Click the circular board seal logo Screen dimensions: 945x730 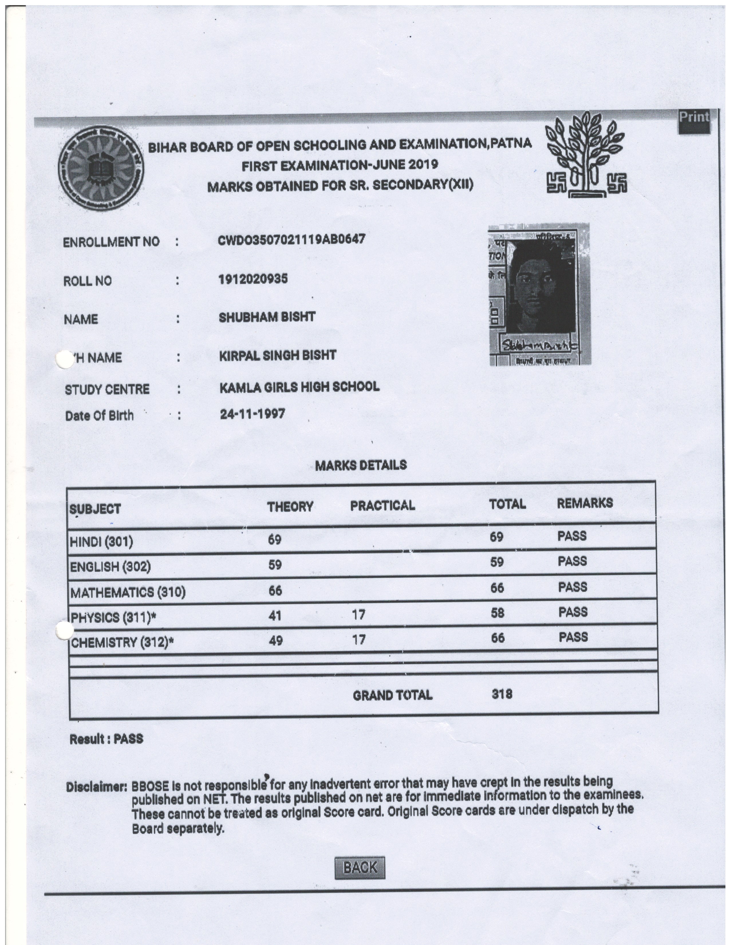point(101,169)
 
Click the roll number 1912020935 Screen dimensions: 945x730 point(253,279)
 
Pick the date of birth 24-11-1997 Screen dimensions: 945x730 point(252,414)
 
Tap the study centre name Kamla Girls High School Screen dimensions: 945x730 point(299,386)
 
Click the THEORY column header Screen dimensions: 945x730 point(290,507)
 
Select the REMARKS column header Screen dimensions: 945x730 point(585,503)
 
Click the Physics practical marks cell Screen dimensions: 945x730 point(358,615)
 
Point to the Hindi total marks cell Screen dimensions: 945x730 point(496,537)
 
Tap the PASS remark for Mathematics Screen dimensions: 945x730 point(573,587)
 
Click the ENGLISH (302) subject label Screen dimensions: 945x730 point(110,567)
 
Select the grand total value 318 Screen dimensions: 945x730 point(502,694)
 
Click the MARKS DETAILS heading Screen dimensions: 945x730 point(361,465)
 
